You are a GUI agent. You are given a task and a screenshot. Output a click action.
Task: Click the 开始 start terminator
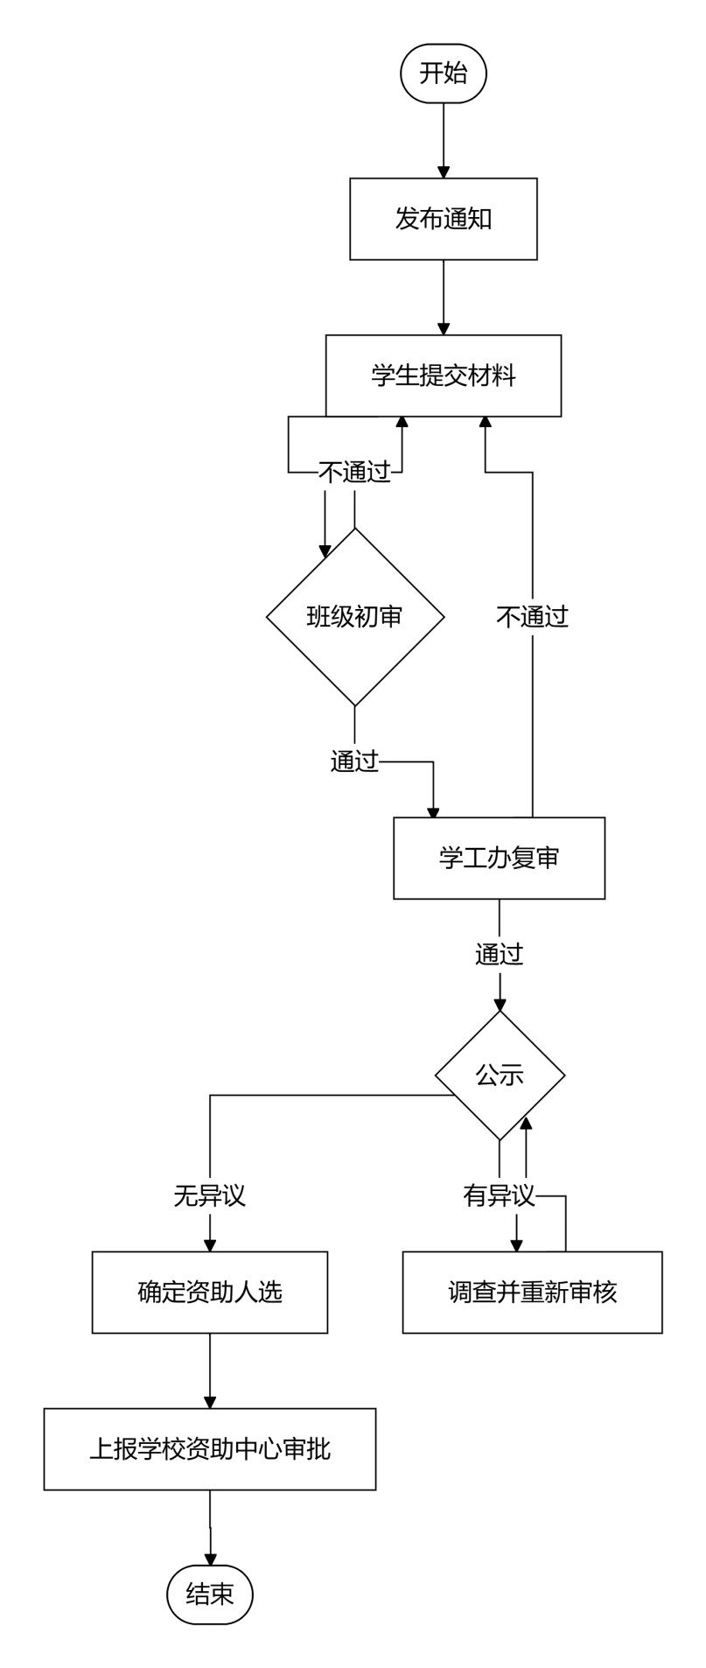444,74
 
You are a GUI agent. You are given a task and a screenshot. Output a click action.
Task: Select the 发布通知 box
444,219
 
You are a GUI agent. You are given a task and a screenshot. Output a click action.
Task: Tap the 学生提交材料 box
444,375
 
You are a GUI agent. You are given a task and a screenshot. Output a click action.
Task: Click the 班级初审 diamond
355,617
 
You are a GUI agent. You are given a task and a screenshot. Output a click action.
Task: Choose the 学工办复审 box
500,858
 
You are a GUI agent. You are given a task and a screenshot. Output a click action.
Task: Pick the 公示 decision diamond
500,1076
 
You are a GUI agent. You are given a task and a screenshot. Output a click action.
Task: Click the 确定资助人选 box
210,1292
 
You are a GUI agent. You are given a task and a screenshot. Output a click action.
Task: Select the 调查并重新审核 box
533,1292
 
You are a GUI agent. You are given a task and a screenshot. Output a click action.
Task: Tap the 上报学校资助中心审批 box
210,1449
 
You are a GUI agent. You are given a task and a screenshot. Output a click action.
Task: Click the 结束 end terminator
210,1595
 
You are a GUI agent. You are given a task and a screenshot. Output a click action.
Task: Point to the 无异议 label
210,1195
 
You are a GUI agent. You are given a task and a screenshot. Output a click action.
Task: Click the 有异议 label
500,1195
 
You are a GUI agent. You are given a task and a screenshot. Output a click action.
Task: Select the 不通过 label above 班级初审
354,473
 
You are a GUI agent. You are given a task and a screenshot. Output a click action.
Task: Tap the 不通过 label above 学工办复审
533,617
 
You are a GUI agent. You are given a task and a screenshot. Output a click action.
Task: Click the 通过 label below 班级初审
354,761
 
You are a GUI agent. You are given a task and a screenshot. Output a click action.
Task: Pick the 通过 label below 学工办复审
500,954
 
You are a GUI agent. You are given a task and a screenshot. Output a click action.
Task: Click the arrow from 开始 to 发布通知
444,141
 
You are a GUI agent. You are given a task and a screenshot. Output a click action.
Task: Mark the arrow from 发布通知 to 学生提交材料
444,298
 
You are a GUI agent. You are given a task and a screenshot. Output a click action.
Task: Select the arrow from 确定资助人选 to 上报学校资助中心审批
210,1370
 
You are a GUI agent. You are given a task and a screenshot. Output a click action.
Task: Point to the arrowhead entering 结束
210,1559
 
